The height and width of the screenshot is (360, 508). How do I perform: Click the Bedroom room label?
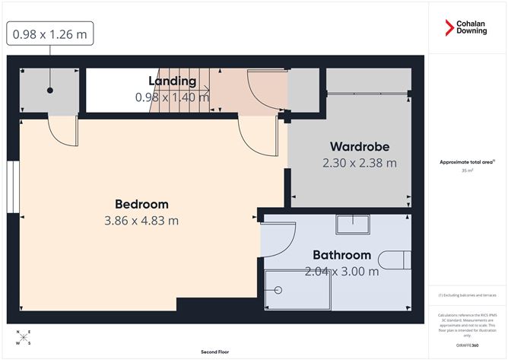(141, 204)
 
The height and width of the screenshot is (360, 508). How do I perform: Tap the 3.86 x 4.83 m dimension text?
(141, 221)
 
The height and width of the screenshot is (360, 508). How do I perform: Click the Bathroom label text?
(341, 255)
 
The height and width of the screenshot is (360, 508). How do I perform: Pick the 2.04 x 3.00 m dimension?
(341, 271)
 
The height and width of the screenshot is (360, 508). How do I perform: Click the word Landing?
(172, 81)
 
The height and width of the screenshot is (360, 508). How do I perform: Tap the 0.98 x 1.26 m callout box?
(50, 34)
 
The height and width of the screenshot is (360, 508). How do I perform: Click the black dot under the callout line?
(50, 91)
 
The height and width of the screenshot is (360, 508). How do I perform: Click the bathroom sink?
(353, 224)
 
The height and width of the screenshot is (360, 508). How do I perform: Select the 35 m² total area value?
(466, 171)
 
